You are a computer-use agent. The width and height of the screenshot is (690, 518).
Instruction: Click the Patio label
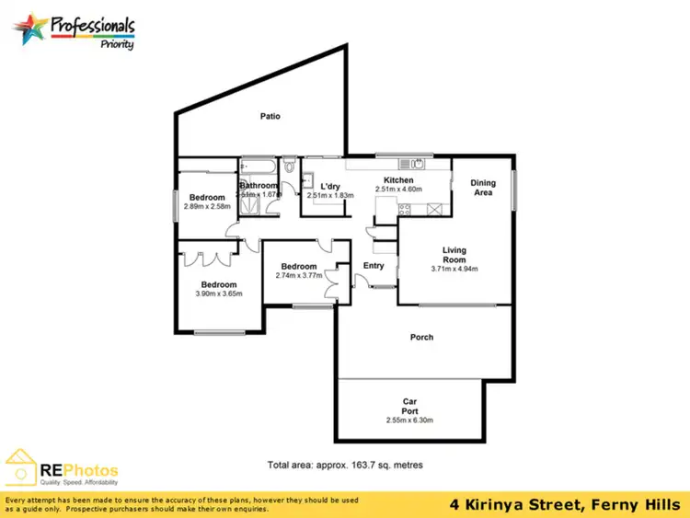(x=270, y=117)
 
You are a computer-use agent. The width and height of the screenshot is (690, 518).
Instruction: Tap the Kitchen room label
(x=398, y=180)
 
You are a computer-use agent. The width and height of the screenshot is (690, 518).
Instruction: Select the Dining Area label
(x=483, y=188)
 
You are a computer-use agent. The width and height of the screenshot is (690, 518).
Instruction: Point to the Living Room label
(x=454, y=250)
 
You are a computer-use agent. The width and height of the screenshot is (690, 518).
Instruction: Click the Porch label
(x=421, y=338)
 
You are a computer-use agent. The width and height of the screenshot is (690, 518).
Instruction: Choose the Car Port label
(x=410, y=406)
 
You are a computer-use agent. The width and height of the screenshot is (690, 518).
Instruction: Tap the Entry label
(x=374, y=266)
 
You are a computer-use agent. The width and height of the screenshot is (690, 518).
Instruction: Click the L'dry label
(x=330, y=185)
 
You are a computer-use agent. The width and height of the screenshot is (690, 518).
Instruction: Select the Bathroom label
(x=259, y=186)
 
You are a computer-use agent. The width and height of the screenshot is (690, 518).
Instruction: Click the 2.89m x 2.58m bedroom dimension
(x=208, y=207)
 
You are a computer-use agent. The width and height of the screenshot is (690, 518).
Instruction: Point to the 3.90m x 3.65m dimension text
(x=219, y=294)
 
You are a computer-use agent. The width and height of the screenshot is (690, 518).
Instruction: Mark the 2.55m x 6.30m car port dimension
(x=410, y=420)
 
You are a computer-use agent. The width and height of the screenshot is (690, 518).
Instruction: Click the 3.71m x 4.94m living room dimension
(x=454, y=270)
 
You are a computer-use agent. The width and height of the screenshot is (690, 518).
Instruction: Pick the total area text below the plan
(x=345, y=466)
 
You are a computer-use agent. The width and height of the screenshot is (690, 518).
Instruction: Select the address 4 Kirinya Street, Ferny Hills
(x=564, y=504)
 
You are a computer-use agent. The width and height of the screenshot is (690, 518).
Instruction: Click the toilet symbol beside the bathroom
(x=290, y=167)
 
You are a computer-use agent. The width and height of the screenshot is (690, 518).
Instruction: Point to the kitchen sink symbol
(x=418, y=165)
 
